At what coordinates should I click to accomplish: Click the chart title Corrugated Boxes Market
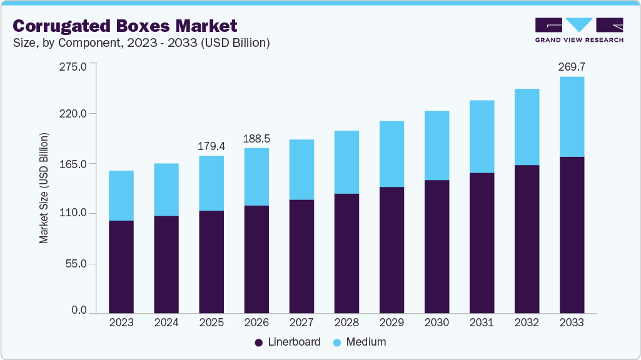point(125,26)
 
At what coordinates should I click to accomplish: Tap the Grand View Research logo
point(578,29)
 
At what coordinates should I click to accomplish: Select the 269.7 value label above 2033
point(572,66)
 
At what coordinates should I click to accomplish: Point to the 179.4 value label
point(211,146)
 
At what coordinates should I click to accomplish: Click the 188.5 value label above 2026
point(256,138)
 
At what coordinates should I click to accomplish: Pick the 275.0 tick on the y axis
point(73,65)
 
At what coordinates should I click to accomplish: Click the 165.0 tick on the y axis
point(73,164)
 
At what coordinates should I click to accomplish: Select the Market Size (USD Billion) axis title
point(44,188)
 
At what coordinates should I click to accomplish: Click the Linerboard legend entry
point(287,342)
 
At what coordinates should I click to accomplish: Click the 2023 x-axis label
point(121,322)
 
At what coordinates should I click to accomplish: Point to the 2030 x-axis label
point(437,322)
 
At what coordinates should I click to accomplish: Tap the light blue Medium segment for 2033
point(572,117)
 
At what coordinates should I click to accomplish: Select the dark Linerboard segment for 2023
point(121,267)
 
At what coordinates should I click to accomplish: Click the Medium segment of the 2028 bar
point(346,162)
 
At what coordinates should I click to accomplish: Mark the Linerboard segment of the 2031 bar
point(482,242)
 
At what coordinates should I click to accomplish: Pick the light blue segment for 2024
point(166,189)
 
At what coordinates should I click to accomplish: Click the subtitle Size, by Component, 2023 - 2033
point(141,43)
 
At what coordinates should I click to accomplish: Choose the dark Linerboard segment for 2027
point(301,256)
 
